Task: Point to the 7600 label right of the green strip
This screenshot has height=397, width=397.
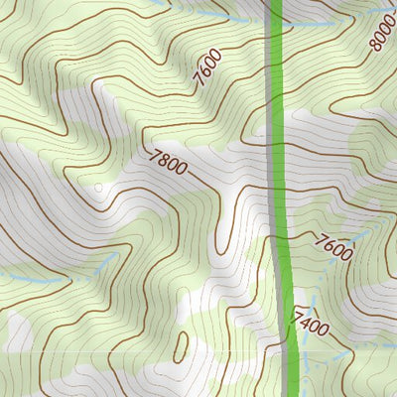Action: pyautogui.click(x=333, y=246)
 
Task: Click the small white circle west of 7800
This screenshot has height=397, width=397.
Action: pyautogui.click(x=98, y=186)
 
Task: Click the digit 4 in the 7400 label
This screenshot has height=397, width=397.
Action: pyautogui.click(x=307, y=320)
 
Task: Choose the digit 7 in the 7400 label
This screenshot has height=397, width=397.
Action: pyautogui.click(x=298, y=316)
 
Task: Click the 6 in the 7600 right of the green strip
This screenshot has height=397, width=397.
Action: pyautogui.click(x=330, y=244)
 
